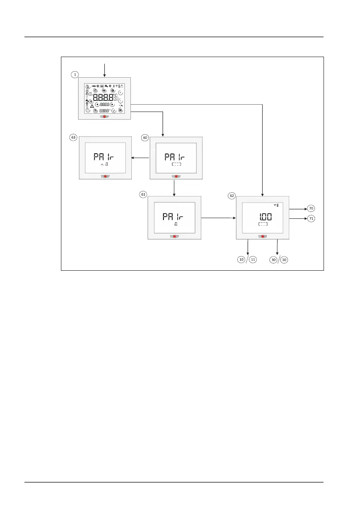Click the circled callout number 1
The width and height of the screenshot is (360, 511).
(x=76, y=74)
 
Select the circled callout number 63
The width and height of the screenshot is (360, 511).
(x=73, y=138)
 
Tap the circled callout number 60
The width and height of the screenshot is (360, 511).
(x=145, y=138)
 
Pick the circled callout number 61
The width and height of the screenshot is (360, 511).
(x=143, y=194)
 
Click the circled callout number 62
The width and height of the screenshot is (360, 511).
(x=232, y=195)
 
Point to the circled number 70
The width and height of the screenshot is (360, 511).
(x=311, y=209)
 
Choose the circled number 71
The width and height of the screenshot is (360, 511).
(x=311, y=218)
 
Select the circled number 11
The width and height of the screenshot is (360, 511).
(x=253, y=260)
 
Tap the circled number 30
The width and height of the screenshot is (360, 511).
(x=273, y=260)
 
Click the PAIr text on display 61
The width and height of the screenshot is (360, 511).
(x=174, y=217)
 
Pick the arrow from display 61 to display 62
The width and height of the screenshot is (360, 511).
(x=218, y=218)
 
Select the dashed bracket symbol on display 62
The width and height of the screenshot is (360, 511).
(x=263, y=224)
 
